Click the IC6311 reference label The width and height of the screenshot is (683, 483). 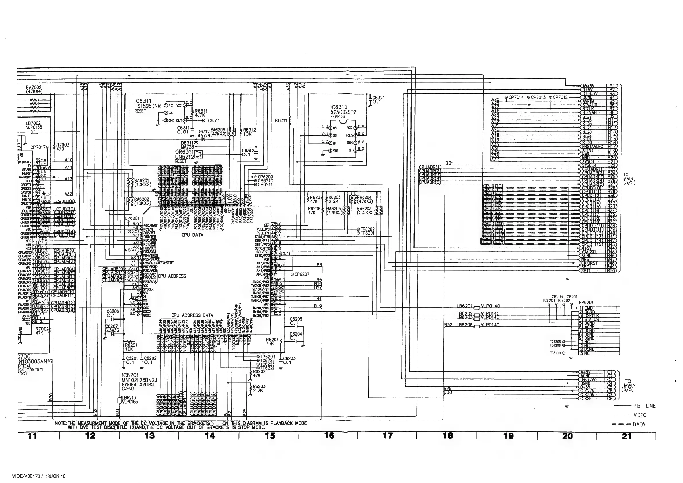coord(143,102)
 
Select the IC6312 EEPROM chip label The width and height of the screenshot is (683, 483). coord(338,107)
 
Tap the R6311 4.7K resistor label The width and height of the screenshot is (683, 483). coord(201,111)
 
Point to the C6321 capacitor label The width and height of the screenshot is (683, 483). coord(378,98)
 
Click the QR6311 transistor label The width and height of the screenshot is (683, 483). coord(184,152)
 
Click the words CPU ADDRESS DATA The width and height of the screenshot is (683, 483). coord(192,315)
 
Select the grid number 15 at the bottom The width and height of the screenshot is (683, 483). coord(270,436)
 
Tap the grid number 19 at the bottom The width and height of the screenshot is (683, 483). coord(508,436)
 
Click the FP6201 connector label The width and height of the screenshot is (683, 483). coord(586,303)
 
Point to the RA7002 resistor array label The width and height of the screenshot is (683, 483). coord(34,87)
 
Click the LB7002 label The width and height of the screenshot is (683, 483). coord(34,123)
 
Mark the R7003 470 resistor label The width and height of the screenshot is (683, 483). coord(63,145)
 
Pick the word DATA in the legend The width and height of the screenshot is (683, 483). coord(639,425)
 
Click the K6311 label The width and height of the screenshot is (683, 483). coord(281,120)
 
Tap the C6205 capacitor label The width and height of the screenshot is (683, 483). coord(296,319)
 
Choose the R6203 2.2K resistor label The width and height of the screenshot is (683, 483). coord(259,387)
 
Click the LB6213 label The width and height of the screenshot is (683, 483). coord(129,397)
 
